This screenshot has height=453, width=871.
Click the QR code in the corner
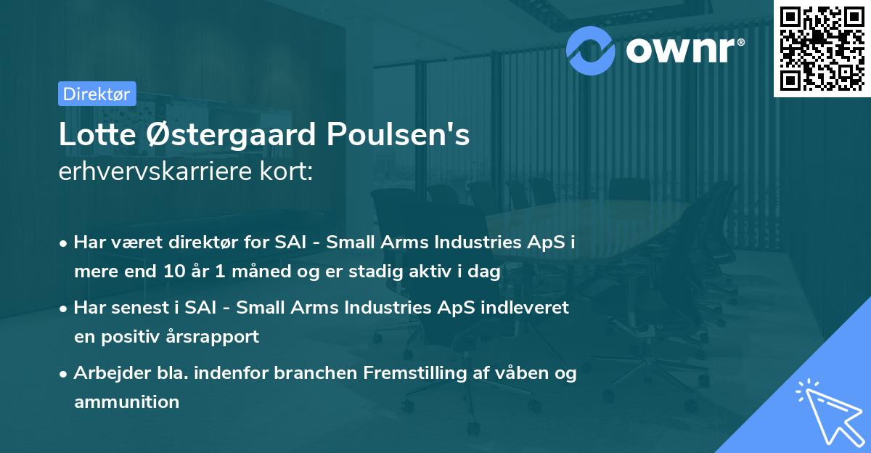pos(822,47)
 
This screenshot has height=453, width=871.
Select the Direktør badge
pos(97,94)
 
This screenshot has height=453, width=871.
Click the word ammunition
pos(126,401)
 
